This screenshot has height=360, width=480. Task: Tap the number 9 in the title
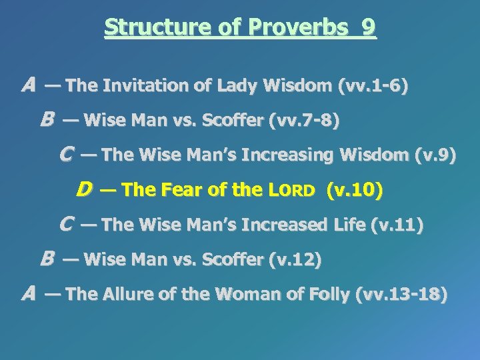tap(367, 27)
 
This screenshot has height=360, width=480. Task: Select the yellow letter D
tap(84, 191)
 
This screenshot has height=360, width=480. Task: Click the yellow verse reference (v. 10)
tap(355, 191)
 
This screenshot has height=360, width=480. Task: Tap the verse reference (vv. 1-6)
tap(374, 86)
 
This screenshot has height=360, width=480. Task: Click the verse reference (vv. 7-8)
tap(305, 121)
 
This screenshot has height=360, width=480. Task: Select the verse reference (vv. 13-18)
tap(403, 295)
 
